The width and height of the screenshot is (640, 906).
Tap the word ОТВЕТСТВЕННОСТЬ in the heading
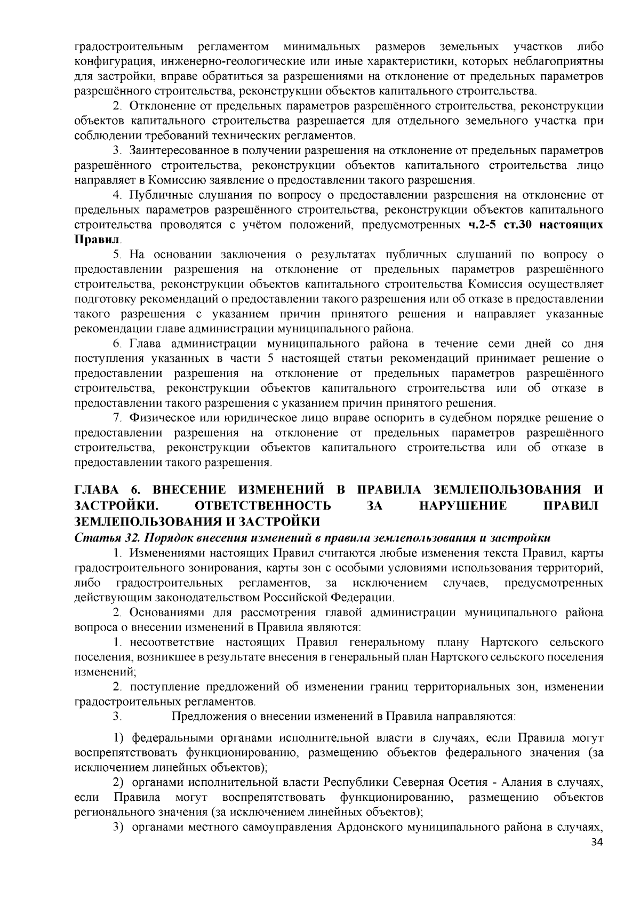pyautogui.click(x=263, y=505)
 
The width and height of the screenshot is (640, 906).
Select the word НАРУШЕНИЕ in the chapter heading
pyautogui.click(x=463, y=505)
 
